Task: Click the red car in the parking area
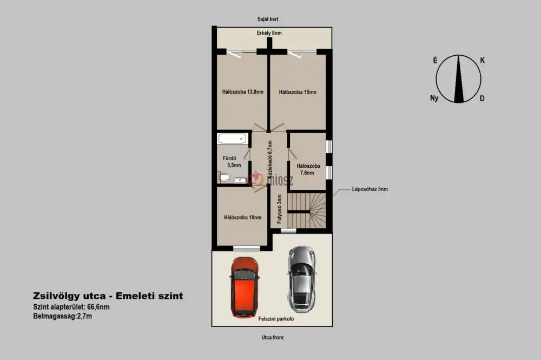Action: (245, 287)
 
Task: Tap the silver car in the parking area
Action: (301, 279)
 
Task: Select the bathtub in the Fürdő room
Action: (233, 139)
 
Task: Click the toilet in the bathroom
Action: (225, 178)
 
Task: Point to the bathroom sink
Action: (240, 180)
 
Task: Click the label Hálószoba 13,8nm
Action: (242, 92)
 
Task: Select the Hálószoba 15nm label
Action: (298, 92)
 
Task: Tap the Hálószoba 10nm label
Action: (242, 218)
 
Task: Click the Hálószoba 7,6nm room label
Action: (308, 169)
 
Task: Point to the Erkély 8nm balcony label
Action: (269, 33)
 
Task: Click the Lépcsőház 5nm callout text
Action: (370, 189)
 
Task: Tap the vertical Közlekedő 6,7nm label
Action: (270, 159)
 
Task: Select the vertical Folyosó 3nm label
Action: (280, 209)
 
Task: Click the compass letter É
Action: (436, 61)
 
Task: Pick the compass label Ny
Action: (434, 98)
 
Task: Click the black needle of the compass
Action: (459, 78)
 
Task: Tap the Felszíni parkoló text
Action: (276, 319)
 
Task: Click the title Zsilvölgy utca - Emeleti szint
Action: (108, 296)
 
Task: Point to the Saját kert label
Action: (268, 19)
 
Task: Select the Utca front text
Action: (273, 338)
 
